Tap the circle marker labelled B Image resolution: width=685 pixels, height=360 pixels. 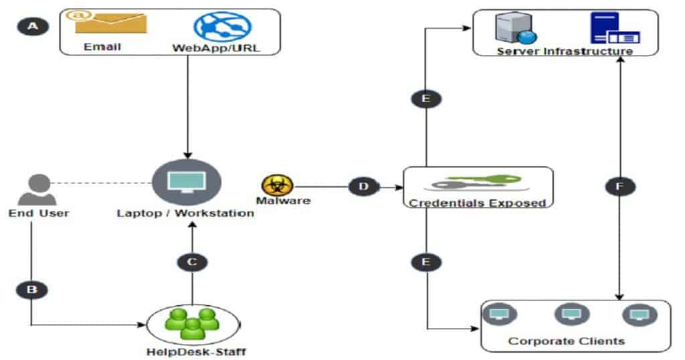point(31,290)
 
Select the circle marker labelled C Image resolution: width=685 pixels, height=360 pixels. point(192,262)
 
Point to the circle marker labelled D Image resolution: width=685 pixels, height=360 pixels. point(364,186)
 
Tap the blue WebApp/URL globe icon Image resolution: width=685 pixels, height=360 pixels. point(222,25)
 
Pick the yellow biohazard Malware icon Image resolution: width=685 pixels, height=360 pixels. point(274,185)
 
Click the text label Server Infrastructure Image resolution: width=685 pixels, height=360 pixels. point(565,51)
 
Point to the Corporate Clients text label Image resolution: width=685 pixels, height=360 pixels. point(566,341)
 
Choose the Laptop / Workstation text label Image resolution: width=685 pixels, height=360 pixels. point(185,213)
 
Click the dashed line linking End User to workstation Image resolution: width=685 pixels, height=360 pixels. point(100,182)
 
